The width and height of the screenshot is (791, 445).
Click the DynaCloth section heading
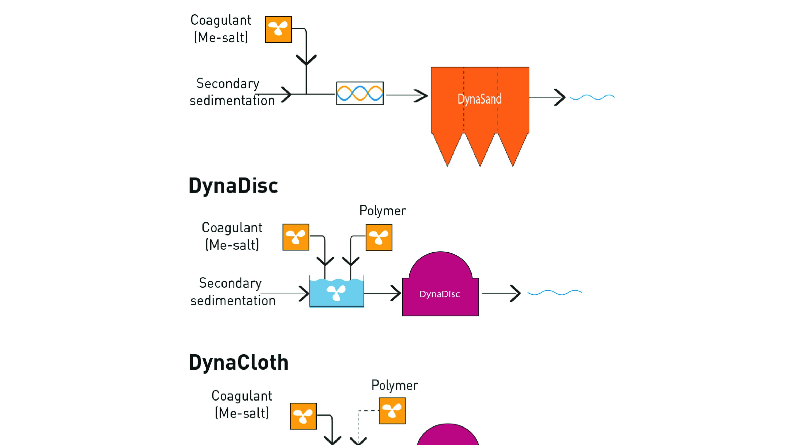tap(238, 362)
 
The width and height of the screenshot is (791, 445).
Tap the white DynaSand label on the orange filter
tap(480, 99)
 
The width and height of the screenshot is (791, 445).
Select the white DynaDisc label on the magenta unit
tap(439, 294)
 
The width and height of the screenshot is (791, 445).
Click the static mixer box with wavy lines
tap(360, 93)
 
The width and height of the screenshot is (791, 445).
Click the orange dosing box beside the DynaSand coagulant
tap(278, 29)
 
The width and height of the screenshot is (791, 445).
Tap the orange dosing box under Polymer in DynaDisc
tap(379, 237)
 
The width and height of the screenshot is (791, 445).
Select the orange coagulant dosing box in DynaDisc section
tap(296, 237)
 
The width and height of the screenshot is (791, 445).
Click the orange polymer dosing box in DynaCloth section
tap(392, 411)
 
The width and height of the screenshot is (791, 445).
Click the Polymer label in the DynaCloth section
tap(395, 386)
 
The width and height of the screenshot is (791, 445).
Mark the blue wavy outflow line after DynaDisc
tap(555, 292)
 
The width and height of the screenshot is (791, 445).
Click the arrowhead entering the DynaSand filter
tap(421, 96)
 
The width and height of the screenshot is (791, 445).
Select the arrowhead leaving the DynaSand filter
tap(560, 97)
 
